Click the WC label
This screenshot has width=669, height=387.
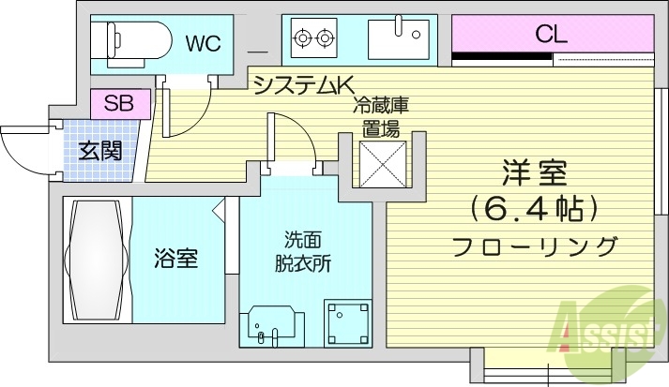point(203,43)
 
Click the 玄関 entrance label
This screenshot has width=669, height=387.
point(99,149)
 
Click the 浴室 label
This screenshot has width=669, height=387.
point(175,259)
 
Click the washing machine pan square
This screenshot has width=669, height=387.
point(349,324)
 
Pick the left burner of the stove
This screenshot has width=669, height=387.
point(303,38)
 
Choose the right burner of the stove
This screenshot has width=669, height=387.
point(327,38)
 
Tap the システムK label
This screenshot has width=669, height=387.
point(296,86)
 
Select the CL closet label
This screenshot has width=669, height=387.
point(551,35)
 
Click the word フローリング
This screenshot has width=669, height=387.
point(536,247)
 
